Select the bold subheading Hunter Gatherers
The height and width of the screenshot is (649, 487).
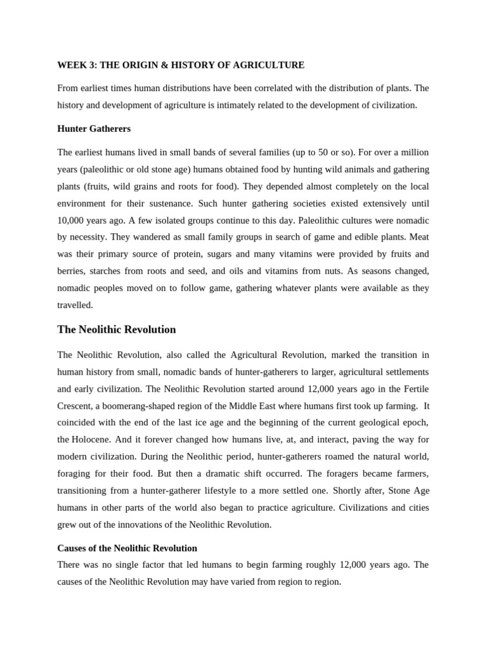94,129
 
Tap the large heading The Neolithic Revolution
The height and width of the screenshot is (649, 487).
116,330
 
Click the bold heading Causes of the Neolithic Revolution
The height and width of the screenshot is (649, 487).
127,548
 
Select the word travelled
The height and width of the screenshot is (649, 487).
75,305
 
